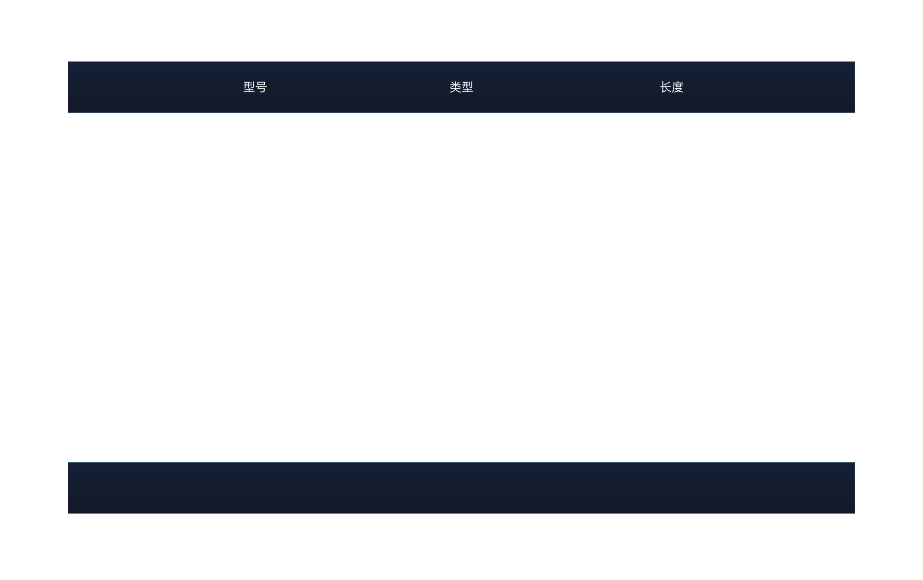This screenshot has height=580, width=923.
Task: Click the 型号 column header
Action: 255,87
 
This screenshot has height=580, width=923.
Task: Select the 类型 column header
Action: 461,87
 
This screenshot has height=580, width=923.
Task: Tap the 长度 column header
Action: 671,87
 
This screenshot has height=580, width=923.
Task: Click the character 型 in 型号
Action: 249,87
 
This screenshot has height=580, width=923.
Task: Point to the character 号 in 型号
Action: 261,87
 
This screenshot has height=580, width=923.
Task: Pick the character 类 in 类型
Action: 455,87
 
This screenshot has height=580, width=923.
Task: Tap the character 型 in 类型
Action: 468,87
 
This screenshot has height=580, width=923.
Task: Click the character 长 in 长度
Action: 665,87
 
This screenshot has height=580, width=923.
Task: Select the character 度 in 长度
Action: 677,87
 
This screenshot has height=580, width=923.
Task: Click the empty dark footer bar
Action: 461,487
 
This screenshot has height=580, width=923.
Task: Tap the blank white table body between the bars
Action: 461,287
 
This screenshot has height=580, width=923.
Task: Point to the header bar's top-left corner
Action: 68,62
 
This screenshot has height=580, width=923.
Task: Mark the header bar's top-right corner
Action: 854,62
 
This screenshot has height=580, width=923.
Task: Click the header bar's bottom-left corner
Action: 68,112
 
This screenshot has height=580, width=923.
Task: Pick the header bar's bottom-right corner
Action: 854,112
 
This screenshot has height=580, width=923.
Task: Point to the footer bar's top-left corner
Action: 68,463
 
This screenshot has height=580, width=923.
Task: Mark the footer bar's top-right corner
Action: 854,463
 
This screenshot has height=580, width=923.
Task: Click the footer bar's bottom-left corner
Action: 68,513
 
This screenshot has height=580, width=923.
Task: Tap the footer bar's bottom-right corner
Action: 854,513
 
